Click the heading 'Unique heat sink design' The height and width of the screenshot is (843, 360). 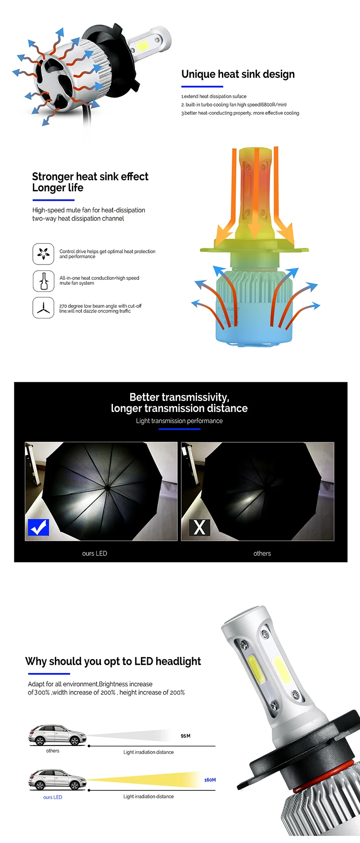click(x=238, y=74)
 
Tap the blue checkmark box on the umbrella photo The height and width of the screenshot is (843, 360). click(x=38, y=527)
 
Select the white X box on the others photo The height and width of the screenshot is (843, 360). click(x=199, y=527)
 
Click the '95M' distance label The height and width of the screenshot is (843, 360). click(x=185, y=736)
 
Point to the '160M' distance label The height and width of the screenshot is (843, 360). click(x=210, y=780)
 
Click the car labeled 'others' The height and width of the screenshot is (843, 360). click(x=57, y=735)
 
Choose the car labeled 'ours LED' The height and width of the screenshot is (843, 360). click(x=57, y=780)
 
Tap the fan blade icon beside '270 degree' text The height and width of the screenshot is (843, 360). click(x=43, y=308)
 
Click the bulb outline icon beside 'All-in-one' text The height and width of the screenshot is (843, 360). click(x=43, y=281)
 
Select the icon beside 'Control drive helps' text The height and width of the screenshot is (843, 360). click(x=43, y=254)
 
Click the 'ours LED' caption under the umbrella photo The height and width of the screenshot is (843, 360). click(x=94, y=553)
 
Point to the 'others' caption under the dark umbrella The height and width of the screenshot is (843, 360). click(x=262, y=553)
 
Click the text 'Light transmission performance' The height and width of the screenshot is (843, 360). click(x=179, y=421)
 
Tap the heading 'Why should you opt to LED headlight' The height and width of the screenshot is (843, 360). click(x=113, y=661)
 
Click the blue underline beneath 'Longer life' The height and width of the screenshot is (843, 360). click(x=53, y=200)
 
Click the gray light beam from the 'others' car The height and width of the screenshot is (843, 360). click(x=135, y=736)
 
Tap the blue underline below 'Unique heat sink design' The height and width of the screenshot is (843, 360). click(x=202, y=86)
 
